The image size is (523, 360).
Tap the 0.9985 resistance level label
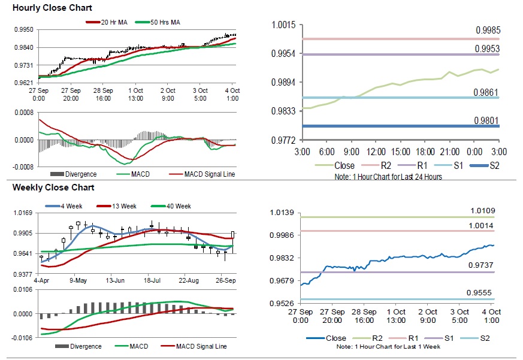488,31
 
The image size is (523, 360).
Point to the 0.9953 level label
488,48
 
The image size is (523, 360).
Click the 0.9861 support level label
488,92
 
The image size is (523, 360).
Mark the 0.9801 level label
488,120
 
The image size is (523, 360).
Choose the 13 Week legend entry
122,206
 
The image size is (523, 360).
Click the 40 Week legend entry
177,206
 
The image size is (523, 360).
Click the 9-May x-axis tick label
78,280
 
